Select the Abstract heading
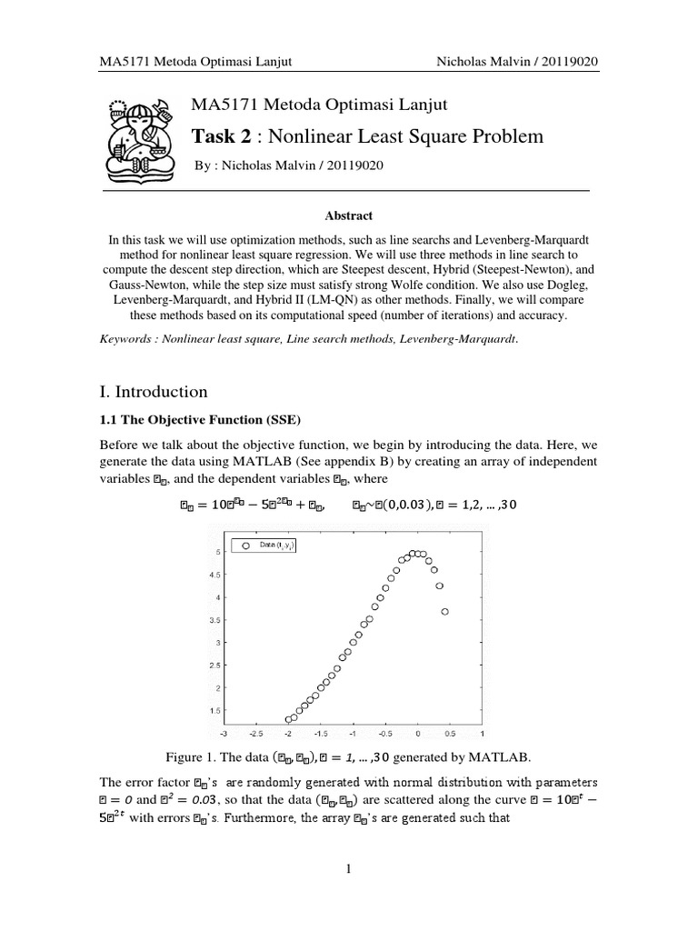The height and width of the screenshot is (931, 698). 349,215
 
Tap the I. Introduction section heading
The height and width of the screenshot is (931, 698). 154,392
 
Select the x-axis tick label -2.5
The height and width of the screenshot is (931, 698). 255,732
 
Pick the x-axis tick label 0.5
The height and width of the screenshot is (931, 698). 450,732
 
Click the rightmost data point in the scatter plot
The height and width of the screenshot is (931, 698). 444,612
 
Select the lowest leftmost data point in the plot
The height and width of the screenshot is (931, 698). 289,719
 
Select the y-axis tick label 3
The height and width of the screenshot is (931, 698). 216,642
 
